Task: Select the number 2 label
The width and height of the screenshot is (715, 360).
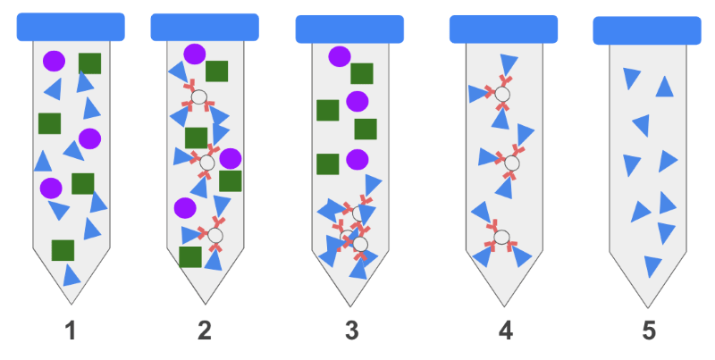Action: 205,331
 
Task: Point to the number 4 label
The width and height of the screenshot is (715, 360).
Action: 506,331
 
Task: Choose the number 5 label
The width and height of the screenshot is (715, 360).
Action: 649,331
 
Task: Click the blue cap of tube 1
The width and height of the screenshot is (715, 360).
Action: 71,27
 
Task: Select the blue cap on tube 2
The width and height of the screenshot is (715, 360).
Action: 205,27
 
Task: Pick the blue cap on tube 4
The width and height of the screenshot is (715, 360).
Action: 503,29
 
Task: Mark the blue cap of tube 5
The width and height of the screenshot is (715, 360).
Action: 647,30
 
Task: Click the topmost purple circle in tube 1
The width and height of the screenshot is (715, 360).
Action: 54,61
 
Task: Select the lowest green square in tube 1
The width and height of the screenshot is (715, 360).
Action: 63,250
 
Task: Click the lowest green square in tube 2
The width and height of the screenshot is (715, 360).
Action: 190,257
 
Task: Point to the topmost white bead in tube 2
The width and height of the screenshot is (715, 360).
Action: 199,96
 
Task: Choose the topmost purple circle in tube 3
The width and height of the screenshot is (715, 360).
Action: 340,56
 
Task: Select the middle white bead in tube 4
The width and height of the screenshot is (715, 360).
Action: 510,163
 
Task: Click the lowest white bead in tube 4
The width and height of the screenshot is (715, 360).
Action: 501,237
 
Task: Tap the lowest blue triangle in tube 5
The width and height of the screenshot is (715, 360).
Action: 652,265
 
